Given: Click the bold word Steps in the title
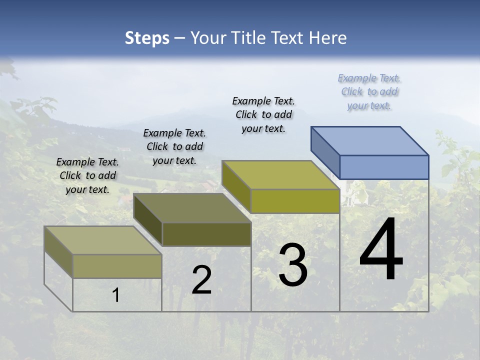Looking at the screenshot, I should click(147, 38).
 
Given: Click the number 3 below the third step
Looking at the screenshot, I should click(293, 265).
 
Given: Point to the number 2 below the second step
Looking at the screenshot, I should click(201, 280).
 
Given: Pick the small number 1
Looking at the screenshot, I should click(116, 295).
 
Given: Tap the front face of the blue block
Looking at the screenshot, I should click(384, 167).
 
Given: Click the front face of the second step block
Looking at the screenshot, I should click(206, 234).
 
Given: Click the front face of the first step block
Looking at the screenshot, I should click(117, 266).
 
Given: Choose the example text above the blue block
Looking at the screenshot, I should click(369, 92).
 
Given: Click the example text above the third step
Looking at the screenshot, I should click(263, 114).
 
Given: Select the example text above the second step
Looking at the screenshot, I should click(174, 146).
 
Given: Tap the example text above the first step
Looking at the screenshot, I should click(87, 175).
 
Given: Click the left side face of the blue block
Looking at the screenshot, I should click(325, 152).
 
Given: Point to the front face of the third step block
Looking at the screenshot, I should click(295, 201).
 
